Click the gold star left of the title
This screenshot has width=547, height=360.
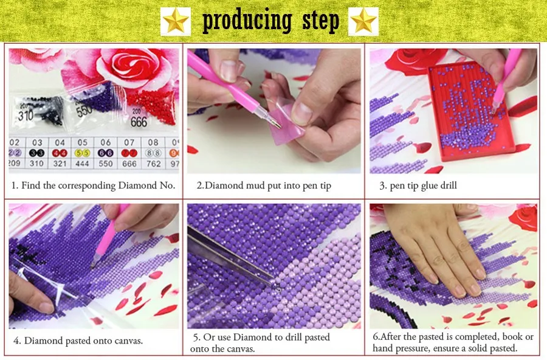tap(176, 21)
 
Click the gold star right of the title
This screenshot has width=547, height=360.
tap(363, 21)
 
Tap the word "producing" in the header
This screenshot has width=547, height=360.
tap(247, 21)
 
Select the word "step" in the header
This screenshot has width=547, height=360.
tap(320, 20)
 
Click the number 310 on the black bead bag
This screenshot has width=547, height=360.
tap(26, 115)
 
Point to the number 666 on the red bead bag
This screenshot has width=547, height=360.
tap(139, 122)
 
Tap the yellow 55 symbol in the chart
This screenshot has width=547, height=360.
tap(82, 153)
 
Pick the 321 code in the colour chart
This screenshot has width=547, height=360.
tap(60, 164)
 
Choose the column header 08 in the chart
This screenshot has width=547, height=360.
tap(153, 142)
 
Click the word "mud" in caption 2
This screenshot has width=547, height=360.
tap(256, 185)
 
